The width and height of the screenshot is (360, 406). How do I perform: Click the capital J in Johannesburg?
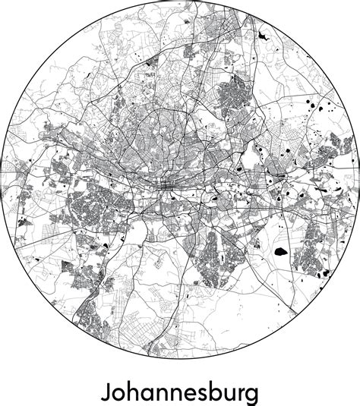106,393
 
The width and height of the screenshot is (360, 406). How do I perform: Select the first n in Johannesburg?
162,393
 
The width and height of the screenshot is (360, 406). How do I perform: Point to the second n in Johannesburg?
173,393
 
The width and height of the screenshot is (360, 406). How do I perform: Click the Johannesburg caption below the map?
179,393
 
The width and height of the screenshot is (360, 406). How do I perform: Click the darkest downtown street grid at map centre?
166,184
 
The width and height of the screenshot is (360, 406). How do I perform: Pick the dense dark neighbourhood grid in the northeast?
232,95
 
